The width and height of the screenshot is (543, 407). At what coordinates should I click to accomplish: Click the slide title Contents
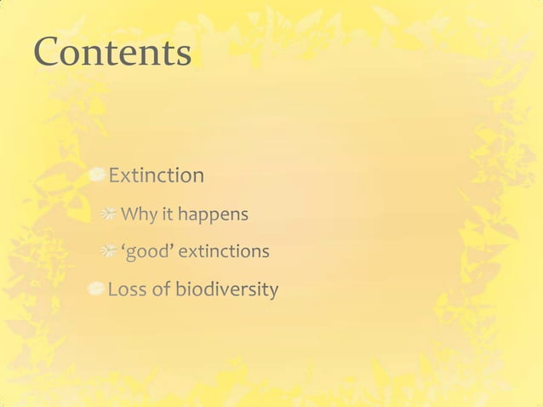[x=112, y=53]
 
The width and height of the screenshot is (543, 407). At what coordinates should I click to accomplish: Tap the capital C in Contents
[x=47, y=53]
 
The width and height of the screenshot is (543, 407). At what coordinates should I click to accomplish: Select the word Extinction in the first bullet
[x=156, y=175]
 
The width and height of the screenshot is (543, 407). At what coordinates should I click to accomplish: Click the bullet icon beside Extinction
[x=98, y=175]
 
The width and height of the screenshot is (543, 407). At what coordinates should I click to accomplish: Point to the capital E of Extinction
[x=114, y=175]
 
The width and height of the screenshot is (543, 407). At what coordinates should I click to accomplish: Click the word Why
[x=139, y=215]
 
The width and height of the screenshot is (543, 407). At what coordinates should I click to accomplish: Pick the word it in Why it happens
[x=168, y=215]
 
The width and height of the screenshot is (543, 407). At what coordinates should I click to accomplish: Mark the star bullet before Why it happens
[x=109, y=215]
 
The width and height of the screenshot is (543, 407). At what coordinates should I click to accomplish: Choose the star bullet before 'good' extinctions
[x=109, y=252]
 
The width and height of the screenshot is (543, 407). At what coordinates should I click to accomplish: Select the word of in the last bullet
[x=161, y=290]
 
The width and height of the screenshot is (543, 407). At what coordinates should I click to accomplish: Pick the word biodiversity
[x=226, y=290]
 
